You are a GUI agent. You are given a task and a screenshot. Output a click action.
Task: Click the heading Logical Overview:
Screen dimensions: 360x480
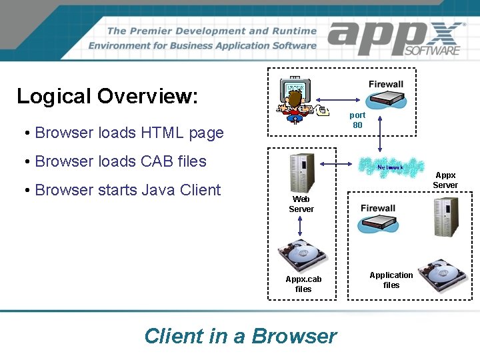(x=107, y=96)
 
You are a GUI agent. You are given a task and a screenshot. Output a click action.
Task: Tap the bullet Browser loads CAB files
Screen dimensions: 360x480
(x=120, y=161)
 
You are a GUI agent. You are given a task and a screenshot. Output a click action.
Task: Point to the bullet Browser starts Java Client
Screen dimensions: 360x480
(x=127, y=190)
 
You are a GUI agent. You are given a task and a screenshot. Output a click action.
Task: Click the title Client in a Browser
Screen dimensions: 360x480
(x=241, y=335)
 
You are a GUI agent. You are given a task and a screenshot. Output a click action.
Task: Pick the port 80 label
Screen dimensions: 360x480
(x=357, y=120)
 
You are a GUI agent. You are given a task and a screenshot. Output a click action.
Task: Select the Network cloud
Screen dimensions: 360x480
(x=391, y=167)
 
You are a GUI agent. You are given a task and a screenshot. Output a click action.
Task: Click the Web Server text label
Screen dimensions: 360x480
(x=301, y=204)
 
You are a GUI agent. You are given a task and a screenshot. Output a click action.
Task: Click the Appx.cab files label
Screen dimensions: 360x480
(x=303, y=284)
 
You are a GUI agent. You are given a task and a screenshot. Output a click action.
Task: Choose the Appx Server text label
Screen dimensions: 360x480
(x=445, y=180)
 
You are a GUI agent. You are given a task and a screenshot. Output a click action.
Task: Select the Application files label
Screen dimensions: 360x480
(x=391, y=280)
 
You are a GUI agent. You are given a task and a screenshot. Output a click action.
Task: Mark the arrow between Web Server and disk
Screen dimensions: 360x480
(x=301, y=227)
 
